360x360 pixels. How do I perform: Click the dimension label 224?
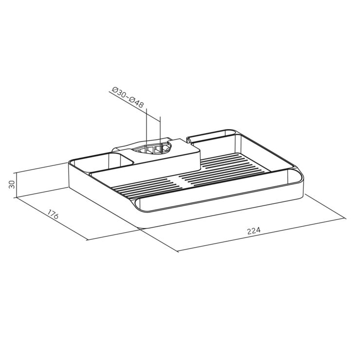pyautogui.click(x=253, y=231)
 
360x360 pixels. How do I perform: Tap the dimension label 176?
pyautogui.click(x=53, y=214)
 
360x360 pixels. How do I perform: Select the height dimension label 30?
pyautogui.click(x=12, y=184)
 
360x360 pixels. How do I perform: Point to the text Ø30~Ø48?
pyautogui.click(x=127, y=97)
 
